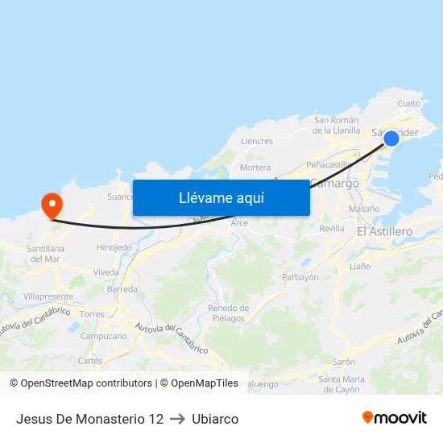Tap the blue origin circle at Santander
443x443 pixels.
(391, 139)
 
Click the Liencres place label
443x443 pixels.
(257, 141)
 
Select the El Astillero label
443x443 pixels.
(384, 232)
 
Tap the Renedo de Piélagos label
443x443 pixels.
(228, 313)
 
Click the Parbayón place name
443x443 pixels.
(300, 277)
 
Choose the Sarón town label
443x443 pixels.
(344, 362)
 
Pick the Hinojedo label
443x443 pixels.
(114, 247)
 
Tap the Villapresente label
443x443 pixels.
(48, 296)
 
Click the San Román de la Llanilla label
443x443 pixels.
(337, 125)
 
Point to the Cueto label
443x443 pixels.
(408, 104)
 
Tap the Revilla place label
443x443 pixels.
(332, 229)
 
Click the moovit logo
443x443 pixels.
(395, 418)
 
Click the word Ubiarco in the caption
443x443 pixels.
(215, 419)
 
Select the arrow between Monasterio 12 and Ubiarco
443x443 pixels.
(178, 419)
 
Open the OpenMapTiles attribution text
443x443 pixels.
(199, 383)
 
